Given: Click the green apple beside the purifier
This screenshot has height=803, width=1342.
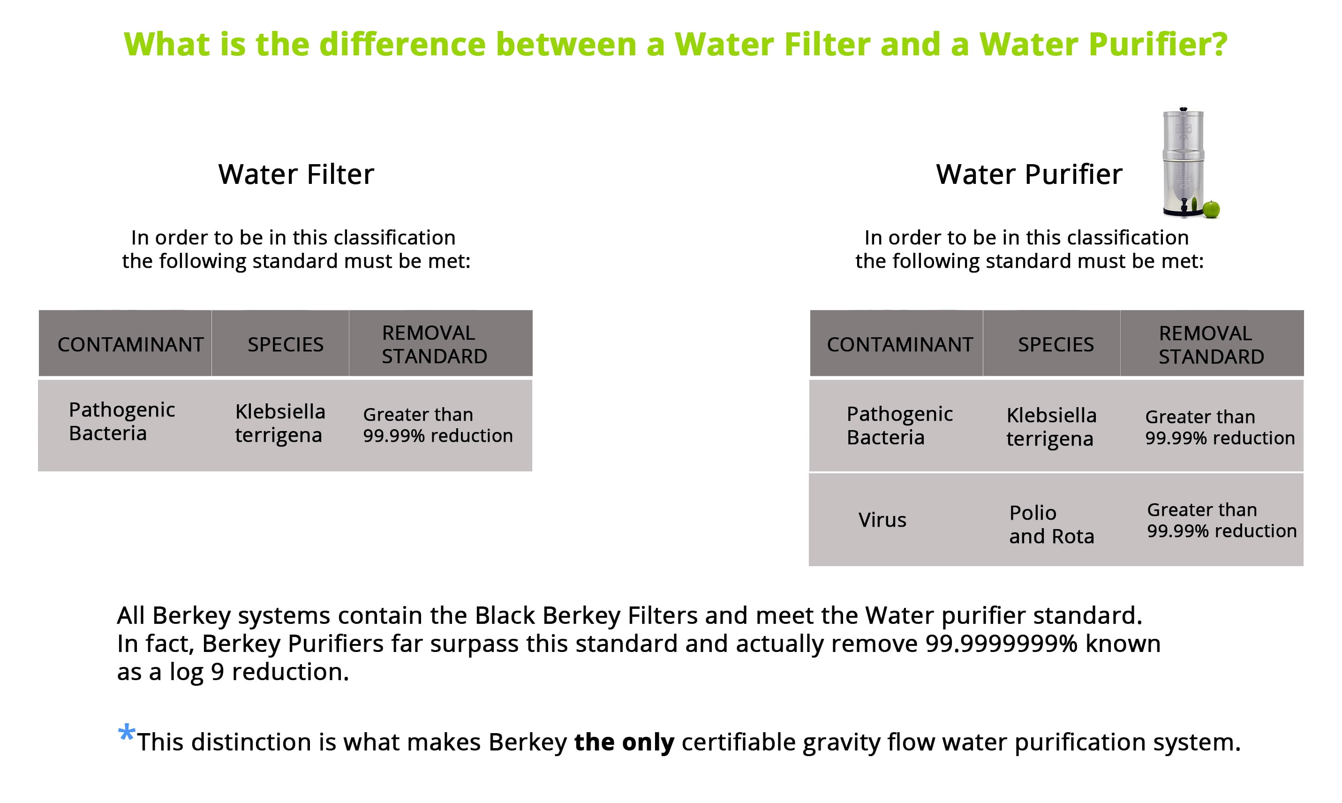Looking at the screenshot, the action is (x=1211, y=209).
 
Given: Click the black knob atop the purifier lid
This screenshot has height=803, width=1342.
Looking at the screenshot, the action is (x=1184, y=109).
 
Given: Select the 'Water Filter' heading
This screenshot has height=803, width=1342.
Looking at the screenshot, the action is (x=296, y=174).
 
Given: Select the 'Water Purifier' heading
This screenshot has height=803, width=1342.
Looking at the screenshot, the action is (x=1029, y=174).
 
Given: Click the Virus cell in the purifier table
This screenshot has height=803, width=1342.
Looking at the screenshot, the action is (x=882, y=520).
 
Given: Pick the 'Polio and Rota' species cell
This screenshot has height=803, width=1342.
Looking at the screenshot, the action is (x=1052, y=524).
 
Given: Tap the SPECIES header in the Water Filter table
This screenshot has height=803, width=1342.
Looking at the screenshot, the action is (x=286, y=345).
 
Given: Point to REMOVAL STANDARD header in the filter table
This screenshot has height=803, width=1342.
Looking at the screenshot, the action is (x=434, y=345).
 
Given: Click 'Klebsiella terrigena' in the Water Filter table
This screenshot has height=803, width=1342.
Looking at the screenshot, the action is (x=280, y=423).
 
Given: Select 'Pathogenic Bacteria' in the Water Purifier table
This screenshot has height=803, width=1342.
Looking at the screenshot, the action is (x=899, y=425).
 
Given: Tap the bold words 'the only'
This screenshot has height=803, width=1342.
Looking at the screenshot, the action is (x=624, y=742).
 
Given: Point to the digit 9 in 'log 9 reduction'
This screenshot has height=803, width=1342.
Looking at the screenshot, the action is (x=218, y=672).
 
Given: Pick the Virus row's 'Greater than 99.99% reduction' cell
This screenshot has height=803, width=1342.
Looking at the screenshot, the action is (x=1222, y=520).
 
